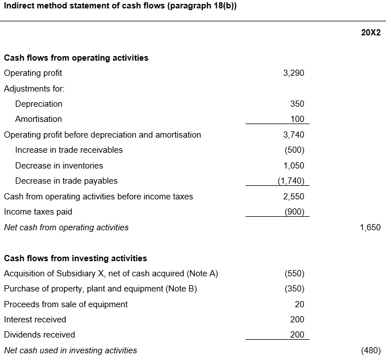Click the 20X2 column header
pos(371,33)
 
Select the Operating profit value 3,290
pos(293,73)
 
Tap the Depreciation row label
pos(39,104)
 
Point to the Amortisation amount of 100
pos(297,119)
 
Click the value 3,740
pos(293,135)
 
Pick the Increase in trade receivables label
pos(69,150)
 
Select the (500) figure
pos(294,150)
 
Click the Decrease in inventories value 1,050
pos(294,166)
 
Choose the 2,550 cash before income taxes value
pos(293,197)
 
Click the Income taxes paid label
pos(38,212)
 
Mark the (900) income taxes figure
pos(294,212)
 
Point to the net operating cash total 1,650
pos(370,227)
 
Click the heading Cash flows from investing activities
pos(75,258)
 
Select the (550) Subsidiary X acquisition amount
pos(294,274)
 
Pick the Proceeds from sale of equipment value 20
pos(299,304)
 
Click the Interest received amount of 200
pos(297,320)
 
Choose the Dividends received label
pos(39,335)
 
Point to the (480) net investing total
pos(371,350)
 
